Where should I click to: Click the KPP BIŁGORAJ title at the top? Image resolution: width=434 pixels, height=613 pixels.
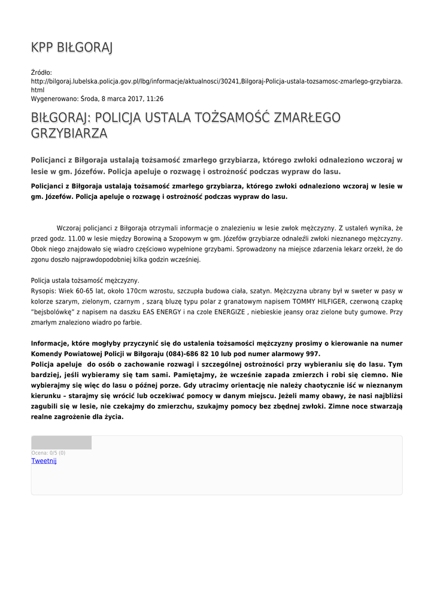point(71,47)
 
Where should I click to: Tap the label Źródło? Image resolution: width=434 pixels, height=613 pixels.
point(41,72)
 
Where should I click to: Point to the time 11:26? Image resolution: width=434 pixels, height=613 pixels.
point(155,99)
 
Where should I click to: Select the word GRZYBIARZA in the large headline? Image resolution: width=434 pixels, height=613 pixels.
point(69,133)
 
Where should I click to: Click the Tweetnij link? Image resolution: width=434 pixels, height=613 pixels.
point(44,461)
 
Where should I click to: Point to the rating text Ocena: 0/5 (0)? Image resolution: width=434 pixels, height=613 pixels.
point(48,453)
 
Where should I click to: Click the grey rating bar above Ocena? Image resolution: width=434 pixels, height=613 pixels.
point(61,442)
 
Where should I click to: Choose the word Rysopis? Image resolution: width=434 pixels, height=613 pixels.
point(43,291)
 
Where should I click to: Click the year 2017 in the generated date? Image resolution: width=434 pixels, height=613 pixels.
point(132,99)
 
